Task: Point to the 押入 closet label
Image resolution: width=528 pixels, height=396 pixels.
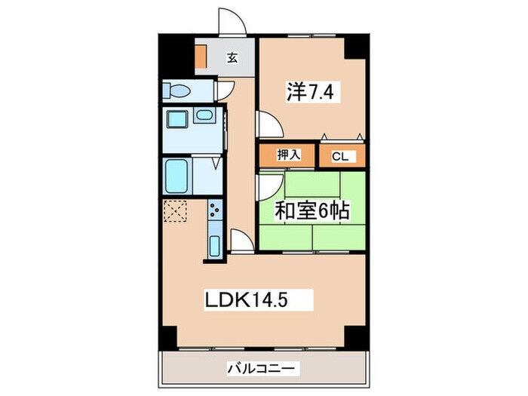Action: [289, 155]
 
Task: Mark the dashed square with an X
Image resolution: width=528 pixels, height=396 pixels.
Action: [176, 211]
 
